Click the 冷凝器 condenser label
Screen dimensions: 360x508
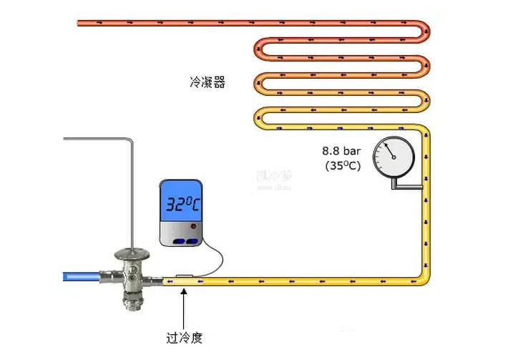point(208,83)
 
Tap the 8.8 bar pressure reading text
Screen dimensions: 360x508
point(342,151)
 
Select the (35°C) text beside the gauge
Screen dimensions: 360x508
point(342,166)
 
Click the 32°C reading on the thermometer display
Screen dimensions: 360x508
point(183,205)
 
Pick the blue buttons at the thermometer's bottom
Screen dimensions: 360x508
point(184,240)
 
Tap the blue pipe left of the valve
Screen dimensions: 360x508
point(87,276)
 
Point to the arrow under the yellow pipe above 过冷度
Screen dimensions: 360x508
point(184,304)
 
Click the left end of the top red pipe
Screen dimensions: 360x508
point(80,24)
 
